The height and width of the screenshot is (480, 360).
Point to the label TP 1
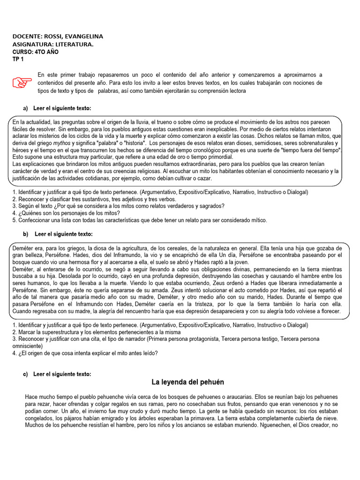(18, 59)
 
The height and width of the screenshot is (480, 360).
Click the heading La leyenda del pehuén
(188, 382)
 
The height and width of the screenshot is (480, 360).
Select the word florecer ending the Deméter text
(330, 312)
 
